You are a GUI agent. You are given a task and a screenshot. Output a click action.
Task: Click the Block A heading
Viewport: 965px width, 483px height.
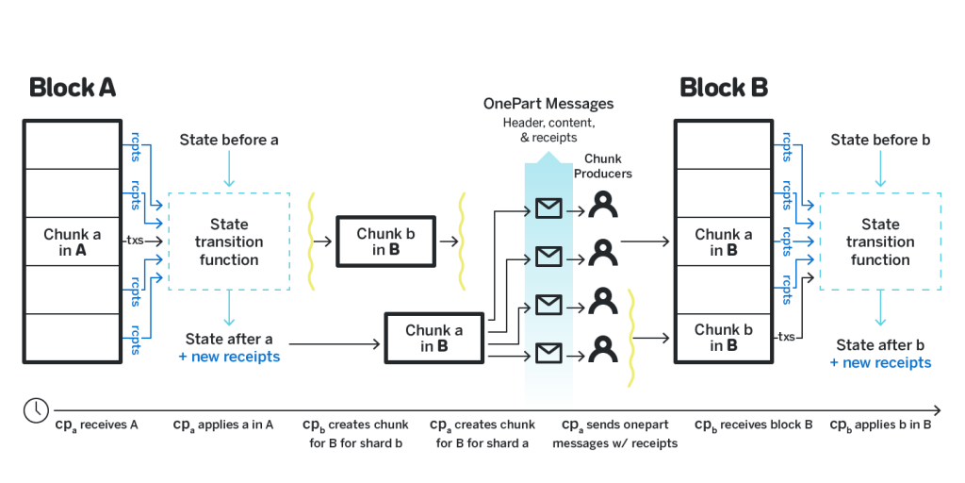tap(72, 88)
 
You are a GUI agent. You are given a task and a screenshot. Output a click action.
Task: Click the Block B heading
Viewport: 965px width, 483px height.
tap(724, 88)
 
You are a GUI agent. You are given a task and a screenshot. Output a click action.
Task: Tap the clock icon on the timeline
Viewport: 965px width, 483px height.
tap(37, 409)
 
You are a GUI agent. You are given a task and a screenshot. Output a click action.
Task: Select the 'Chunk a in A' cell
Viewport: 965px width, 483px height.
tap(72, 241)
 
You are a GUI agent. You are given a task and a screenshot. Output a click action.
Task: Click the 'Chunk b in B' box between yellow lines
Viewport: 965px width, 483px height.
tap(385, 241)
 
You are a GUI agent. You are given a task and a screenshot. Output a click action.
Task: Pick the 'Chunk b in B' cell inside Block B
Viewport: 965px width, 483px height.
tap(724, 338)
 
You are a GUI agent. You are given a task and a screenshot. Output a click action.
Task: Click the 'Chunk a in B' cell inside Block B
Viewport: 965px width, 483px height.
tap(724, 241)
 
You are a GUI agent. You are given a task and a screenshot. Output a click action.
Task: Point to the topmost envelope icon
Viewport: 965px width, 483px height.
tap(548, 208)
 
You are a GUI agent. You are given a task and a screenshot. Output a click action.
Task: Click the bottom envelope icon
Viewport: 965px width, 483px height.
tap(548, 353)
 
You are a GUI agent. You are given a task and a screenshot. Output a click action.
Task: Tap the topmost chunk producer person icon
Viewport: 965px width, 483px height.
tap(603, 204)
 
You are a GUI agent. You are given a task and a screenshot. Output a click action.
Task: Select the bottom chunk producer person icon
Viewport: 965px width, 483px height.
tap(603, 349)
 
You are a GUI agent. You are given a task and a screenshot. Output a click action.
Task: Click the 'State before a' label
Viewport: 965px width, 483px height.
tap(229, 140)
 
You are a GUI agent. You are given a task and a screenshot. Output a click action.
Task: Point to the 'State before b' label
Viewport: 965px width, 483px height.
tap(880, 140)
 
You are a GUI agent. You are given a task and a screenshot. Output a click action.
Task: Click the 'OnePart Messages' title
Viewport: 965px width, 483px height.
tap(548, 104)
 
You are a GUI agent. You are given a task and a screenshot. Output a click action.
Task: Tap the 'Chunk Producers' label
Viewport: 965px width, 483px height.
tap(603, 166)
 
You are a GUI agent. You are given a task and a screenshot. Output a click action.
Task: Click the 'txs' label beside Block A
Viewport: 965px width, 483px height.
tap(135, 241)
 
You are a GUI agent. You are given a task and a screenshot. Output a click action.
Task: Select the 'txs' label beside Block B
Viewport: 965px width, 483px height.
tap(787, 337)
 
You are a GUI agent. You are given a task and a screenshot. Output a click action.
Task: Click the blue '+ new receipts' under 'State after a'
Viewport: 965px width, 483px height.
tap(229, 357)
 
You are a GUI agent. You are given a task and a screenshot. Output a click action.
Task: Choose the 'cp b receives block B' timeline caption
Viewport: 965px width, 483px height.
tap(753, 425)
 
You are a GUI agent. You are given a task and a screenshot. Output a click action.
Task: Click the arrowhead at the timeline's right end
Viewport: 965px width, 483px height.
tap(938, 410)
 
